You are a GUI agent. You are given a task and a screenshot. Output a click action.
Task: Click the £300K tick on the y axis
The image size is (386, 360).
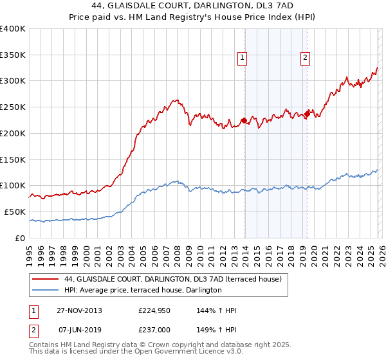(x=13, y=81)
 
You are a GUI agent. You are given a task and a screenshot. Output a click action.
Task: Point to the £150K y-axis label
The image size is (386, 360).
(x=13, y=159)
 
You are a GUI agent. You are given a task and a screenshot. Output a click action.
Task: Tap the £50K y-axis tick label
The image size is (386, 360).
(x=15, y=212)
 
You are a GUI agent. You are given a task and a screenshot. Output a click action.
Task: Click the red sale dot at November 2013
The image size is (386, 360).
(x=244, y=120)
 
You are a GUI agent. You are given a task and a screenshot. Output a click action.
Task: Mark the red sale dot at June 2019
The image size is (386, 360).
(x=307, y=114)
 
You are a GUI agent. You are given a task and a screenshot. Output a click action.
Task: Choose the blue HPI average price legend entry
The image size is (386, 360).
(x=143, y=291)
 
